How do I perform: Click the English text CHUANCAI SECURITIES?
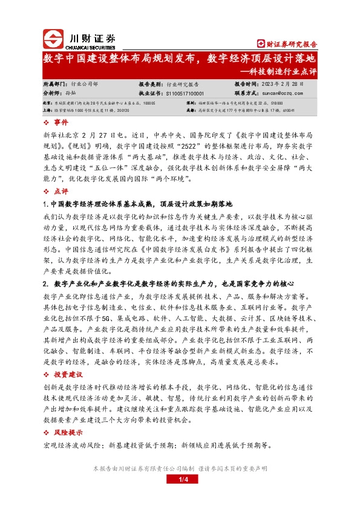tap(90, 45)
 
